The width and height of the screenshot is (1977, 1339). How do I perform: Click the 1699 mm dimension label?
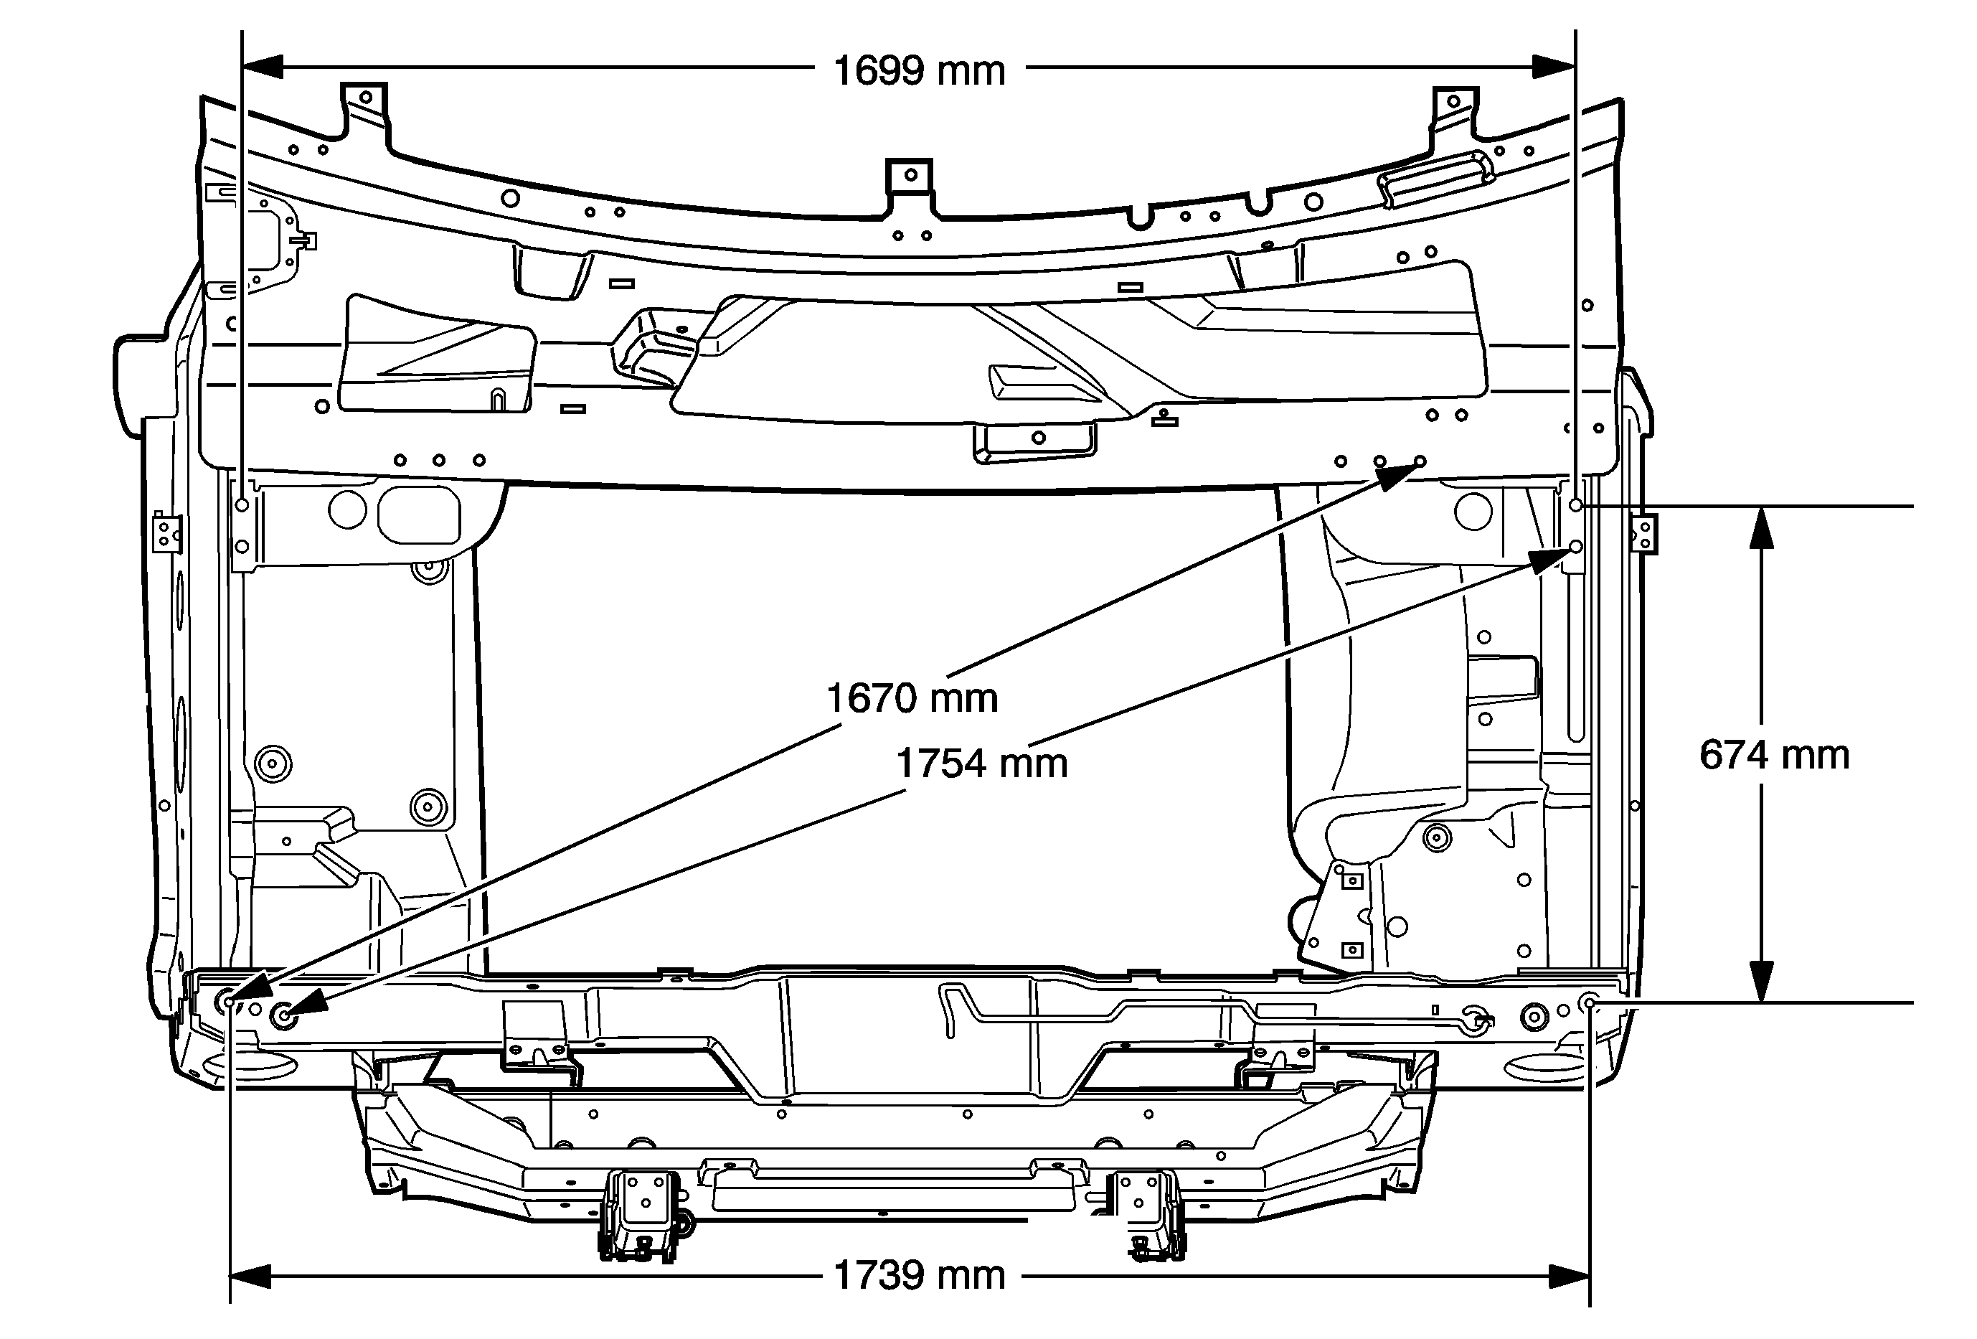919,70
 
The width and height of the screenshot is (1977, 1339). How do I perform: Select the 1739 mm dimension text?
919,1276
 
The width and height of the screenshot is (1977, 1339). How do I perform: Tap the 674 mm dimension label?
1775,756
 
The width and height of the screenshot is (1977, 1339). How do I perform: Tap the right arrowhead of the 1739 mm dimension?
1569,1276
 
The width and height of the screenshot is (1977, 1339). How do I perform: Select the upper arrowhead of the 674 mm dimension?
1761,527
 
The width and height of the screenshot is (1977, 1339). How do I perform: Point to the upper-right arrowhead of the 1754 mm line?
1553,558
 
